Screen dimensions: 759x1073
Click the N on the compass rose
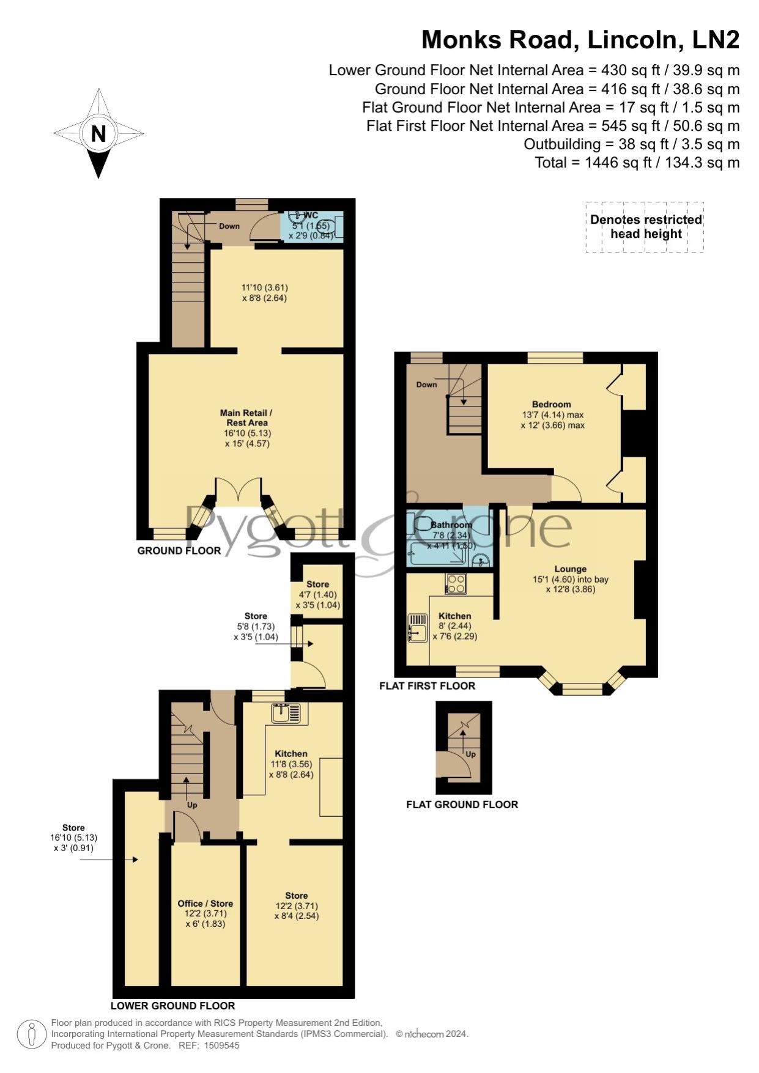98,134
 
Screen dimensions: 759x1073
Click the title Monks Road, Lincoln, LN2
580,40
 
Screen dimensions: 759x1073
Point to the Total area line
637,163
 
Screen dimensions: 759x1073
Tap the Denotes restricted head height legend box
645,227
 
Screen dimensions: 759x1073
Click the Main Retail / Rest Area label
246,418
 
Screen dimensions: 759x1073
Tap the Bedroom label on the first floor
552,404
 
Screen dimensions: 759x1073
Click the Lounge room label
571,569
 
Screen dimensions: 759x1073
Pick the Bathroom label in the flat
451,525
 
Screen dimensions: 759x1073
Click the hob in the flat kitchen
456,584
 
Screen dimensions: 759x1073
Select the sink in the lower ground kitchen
286,713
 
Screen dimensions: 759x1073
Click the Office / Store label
205,904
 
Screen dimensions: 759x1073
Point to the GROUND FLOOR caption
179,551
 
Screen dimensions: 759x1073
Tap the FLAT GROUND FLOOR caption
462,805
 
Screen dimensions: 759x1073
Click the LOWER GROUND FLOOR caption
173,1006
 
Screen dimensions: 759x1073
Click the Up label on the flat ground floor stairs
471,754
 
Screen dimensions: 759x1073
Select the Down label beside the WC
229,226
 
